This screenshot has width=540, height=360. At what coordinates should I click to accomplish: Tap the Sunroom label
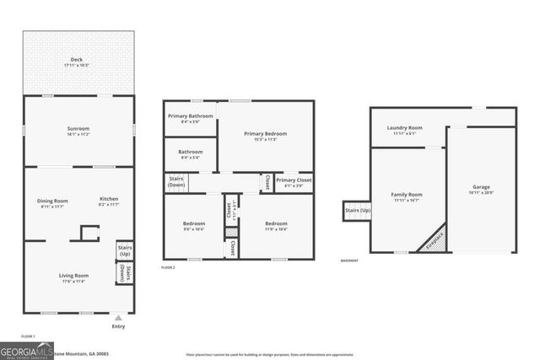tap(78, 130)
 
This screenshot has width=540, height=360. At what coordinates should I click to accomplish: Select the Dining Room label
tap(51, 201)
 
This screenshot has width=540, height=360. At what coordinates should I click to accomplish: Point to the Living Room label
tap(73, 277)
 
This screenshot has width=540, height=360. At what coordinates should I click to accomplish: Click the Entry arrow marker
tap(118, 318)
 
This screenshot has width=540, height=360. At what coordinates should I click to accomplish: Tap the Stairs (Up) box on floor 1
tap(124, 250)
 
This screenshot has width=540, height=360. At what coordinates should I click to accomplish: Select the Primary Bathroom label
tap(190, 117)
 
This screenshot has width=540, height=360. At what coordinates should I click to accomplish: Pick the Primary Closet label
tap(294, 181)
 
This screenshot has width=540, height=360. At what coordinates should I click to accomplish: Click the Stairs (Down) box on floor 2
tap(175, 182)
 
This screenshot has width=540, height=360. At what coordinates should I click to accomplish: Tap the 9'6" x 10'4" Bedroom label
tap(194, 226)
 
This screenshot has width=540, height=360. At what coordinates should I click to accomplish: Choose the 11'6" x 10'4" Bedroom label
tap(276, 226)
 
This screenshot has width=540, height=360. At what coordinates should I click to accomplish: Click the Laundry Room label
tap(404, 130)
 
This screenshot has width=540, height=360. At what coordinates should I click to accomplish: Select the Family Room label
tap(406, 196)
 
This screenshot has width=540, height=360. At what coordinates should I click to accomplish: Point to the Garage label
tap(480, 189)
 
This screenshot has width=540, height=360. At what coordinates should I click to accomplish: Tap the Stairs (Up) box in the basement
tap(356, 211)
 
